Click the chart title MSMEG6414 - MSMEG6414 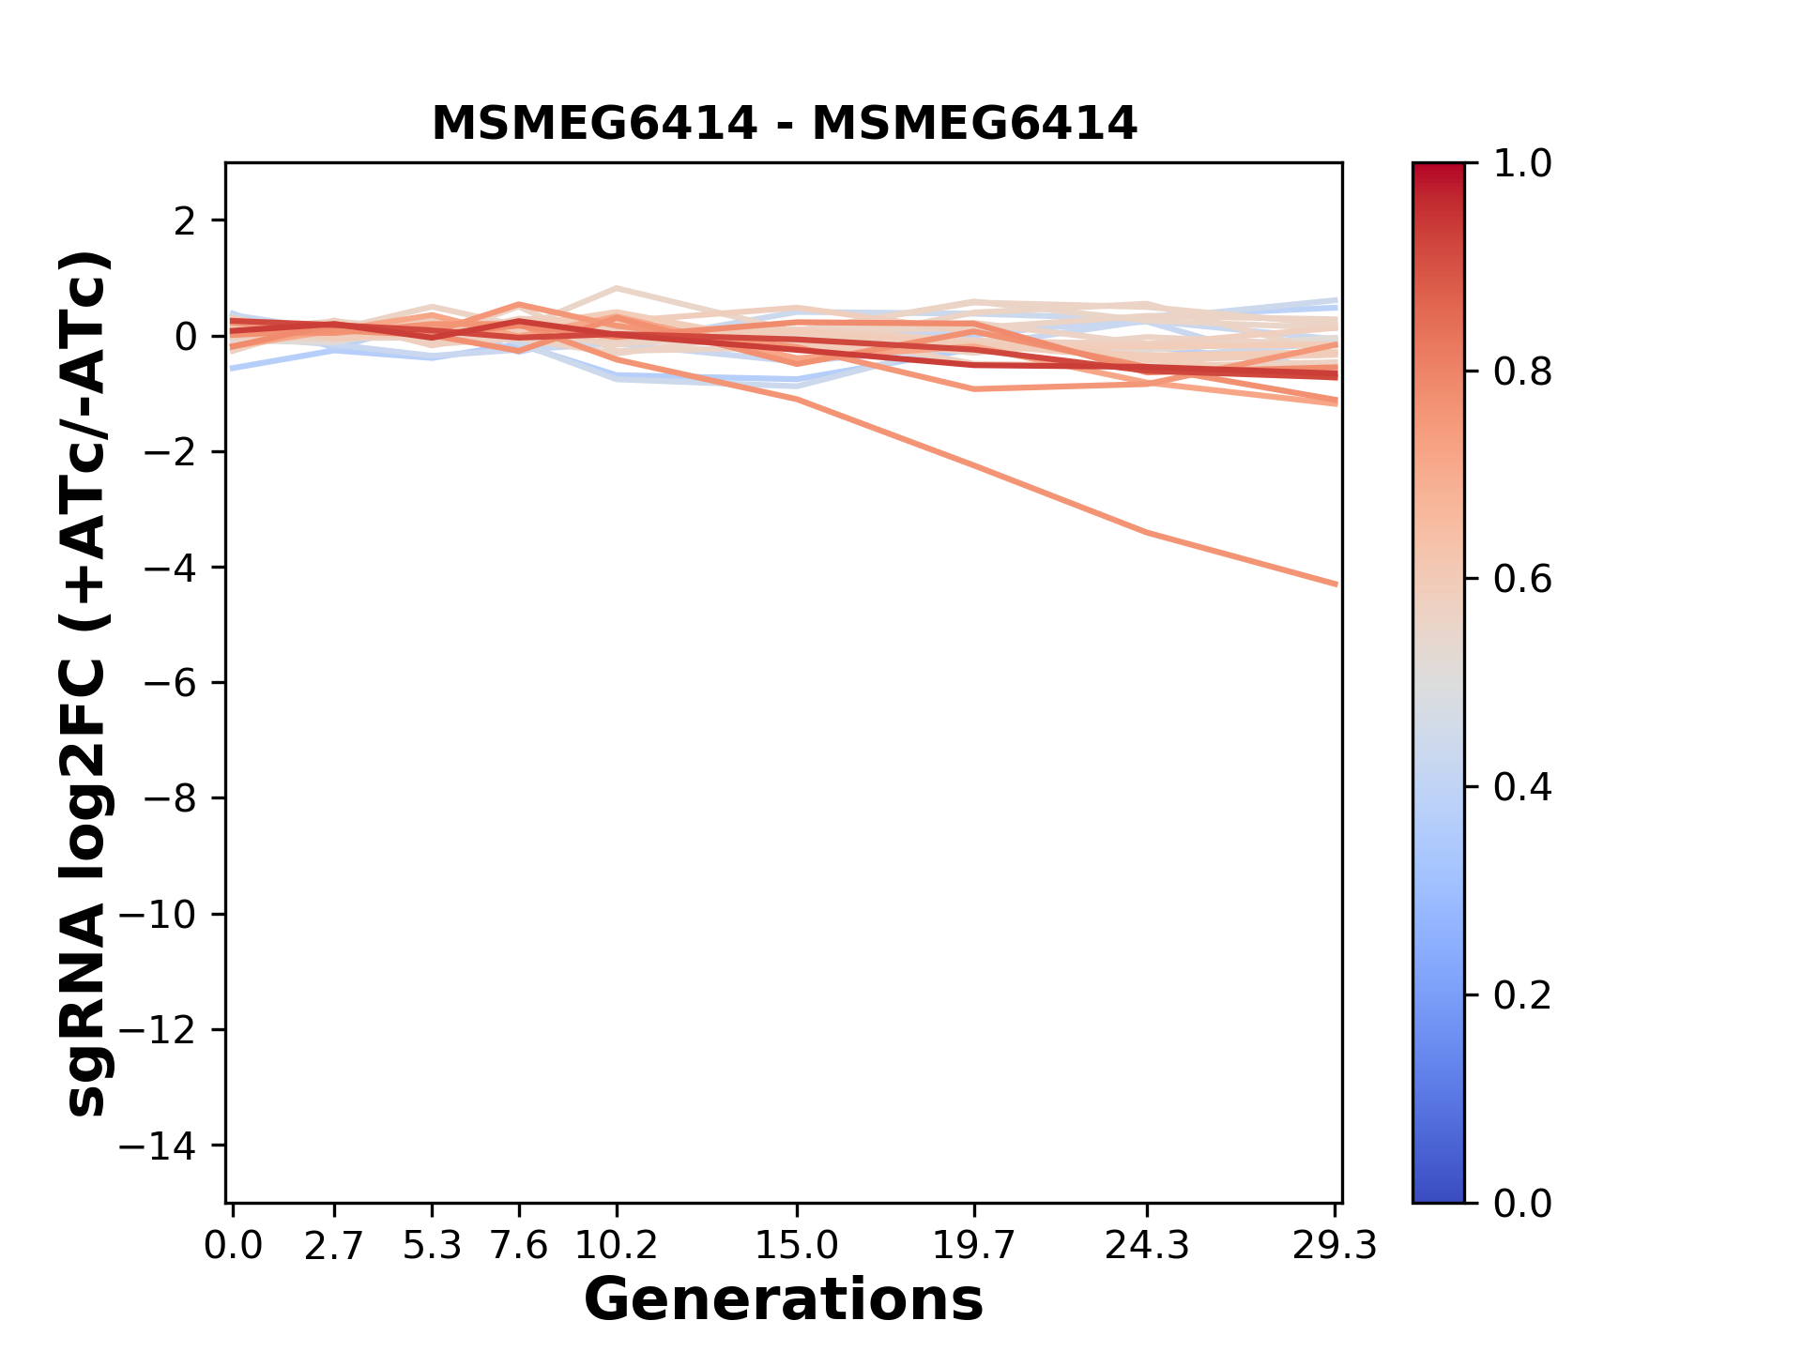tap(784, 124)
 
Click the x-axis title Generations tap(784, 1300)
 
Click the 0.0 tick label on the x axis tap(233, 1246)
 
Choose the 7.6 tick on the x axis tap(519, 1246)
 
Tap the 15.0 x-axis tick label tap(797, 1246)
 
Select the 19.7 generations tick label tap(974, 1246)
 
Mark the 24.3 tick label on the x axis tap(1147, 1246)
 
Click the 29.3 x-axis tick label tap(1335, 1246)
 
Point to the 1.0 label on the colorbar tap(1522, 164)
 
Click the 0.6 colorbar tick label tap(1522, 580)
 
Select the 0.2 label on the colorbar tap(1522, 995)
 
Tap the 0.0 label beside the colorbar tap(1522, 1204)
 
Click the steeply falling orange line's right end tap(1335, 584)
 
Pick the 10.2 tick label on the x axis tap(616, 1246)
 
